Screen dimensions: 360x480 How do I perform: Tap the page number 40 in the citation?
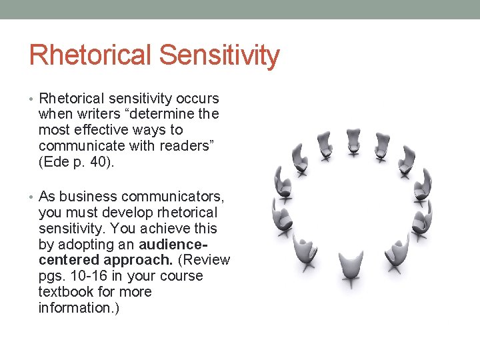[101, 162]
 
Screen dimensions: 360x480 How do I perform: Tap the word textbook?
[66, 292]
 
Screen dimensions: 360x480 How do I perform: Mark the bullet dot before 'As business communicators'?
[33, 197]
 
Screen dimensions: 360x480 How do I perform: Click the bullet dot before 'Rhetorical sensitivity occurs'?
[33, 99]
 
